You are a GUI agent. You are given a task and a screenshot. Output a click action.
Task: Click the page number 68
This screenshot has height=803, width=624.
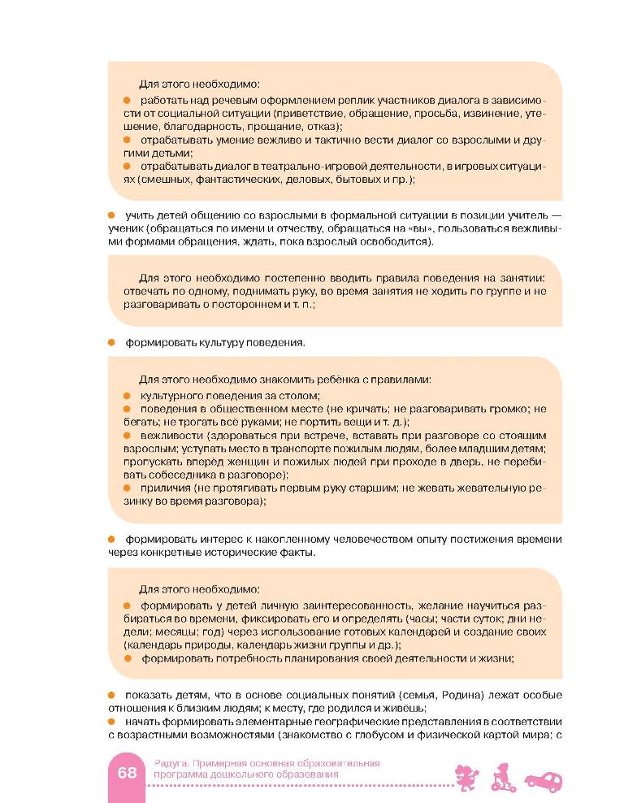127,773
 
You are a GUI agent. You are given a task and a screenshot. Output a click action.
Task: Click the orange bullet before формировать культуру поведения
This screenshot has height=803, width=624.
112,342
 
